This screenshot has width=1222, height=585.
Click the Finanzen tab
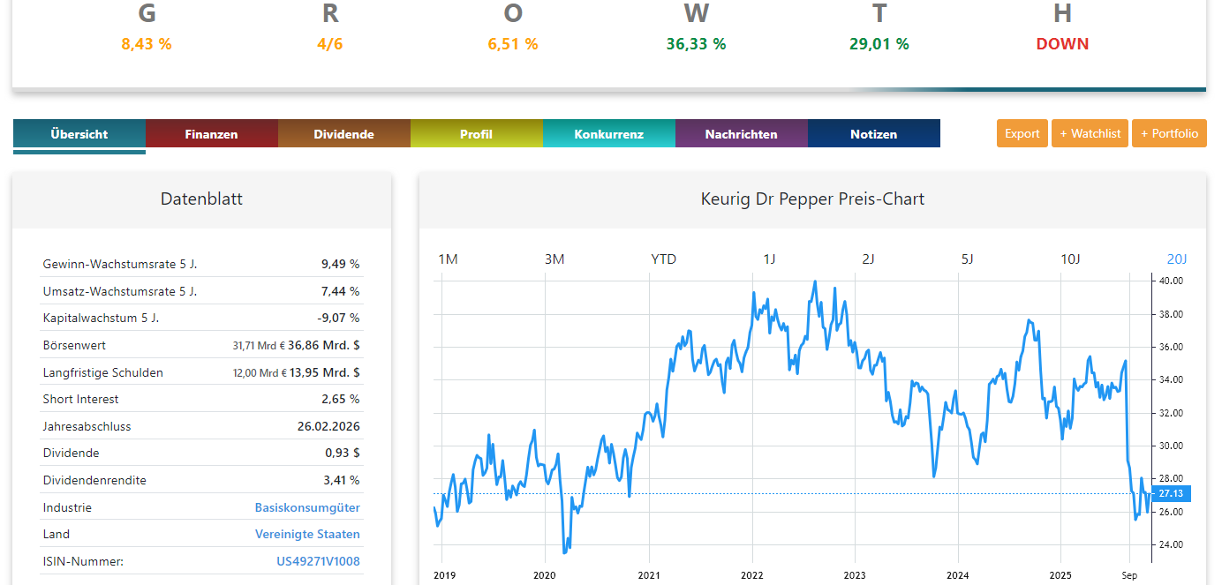[x=211, y=134]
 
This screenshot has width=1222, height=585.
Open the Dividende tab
[x=343, y=134]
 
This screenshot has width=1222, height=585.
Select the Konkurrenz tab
[x=608, y=134]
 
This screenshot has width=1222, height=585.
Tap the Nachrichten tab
[x=741, y=134]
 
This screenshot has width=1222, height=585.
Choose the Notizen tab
[x=873, y=134]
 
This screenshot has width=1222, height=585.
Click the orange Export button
[x=1022, y=133]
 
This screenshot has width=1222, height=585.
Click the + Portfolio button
[x=1169, y=133]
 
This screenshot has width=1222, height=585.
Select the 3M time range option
[x=554, y=259]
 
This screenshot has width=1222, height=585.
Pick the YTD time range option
[x=663, y=259]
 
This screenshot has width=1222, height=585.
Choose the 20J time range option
[x=1177, y=259]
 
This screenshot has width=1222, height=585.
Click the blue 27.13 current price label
[x=1172, y=494]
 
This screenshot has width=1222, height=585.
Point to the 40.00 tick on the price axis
[x=1171, y=281]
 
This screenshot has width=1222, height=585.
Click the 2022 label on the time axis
[x=751, y=575]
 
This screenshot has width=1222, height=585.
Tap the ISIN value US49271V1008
[x=318, y=561]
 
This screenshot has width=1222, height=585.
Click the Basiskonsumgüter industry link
[x=307, y=507]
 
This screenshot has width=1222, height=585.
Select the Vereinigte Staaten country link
[x=307, y=534]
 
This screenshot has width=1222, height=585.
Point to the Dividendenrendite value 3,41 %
[x=342, y=480]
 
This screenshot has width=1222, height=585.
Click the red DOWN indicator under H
[x=1062, y=44]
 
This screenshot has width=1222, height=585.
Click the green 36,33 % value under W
[x=696, y=44]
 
